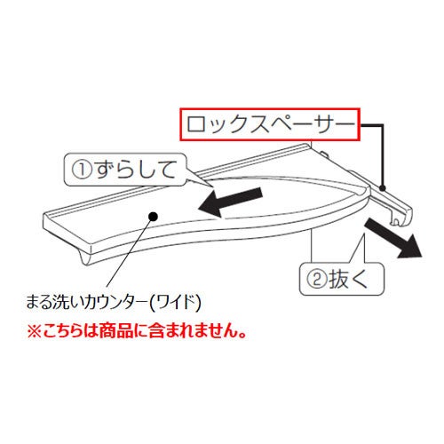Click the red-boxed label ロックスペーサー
[270, 124]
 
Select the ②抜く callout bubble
[342, 279]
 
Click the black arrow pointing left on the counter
[230, 202]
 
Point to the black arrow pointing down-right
[393, 239]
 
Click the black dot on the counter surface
[153, 217]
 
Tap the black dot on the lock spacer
[383, 187]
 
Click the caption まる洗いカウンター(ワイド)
[114, 302]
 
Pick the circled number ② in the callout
[316, 280]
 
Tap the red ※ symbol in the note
[34, 331]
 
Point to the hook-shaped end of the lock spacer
[401, 216]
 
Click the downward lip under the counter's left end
[85, 257]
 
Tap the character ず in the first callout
[104, 170]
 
